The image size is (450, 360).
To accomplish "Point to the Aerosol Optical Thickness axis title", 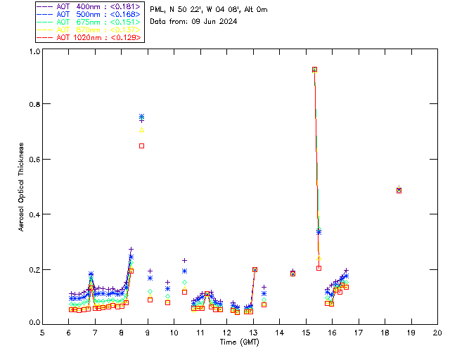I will click(x=21, y=186).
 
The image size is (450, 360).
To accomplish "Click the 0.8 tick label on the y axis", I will click(x=33, y=104).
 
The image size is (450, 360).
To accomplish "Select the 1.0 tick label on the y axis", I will click(x=33, y=52).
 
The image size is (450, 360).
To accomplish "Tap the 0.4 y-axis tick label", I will click(x=33, y=214).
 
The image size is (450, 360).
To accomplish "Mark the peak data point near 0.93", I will click(x=314, y=69).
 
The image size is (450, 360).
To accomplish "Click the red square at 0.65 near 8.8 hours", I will click(x=142, y=146).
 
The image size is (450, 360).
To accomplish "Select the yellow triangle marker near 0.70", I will click(x=142, y=129).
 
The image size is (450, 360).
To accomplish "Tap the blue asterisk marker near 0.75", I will click(x=142, y=117).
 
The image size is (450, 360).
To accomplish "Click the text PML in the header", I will click(x=157, y=9).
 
